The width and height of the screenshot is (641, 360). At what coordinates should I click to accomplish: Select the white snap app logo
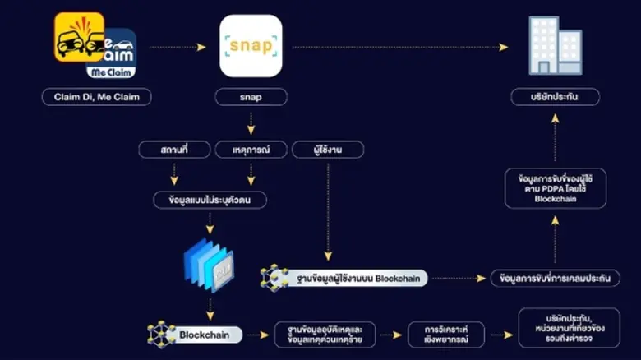pyautogui.click(x=251, y=46)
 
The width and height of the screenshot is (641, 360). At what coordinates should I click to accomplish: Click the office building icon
pyautogui.click(x=554, y=46)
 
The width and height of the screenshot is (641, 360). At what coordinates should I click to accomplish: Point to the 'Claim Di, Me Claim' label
pyautogui.click(x=97, y=97)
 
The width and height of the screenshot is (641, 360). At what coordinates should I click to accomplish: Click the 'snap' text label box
pyautogui.click(x=251, y=97)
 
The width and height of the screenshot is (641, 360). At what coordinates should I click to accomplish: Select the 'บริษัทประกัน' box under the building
pyautogui.click(x=554, y=97)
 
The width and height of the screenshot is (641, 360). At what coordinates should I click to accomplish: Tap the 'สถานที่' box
pyautogui.click(x=173, y=150)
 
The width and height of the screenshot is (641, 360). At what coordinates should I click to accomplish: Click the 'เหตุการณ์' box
pyautogui.click(x=251, y=150)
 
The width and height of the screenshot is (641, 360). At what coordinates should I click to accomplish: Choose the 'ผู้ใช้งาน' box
pyautogui.click(x=327, y=150)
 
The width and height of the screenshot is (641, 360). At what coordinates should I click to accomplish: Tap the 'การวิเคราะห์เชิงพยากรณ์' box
pyautogui.click(x=445, y=335)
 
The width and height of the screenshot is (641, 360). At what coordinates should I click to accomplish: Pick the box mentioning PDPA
pyautogui.click(x=555, y=188)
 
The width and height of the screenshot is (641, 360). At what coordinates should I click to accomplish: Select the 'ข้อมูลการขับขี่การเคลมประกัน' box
pyautogui.click(x=555, y=279)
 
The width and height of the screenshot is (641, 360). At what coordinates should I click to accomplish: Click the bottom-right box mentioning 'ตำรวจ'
pyautogui.click(x=566, y=329)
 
